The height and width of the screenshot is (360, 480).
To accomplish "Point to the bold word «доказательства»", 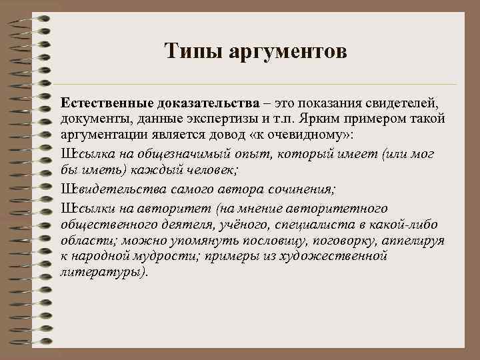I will [208, 104].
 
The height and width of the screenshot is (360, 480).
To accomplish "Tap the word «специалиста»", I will [290, 222].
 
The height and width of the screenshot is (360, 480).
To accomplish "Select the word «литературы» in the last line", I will [101, 273].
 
